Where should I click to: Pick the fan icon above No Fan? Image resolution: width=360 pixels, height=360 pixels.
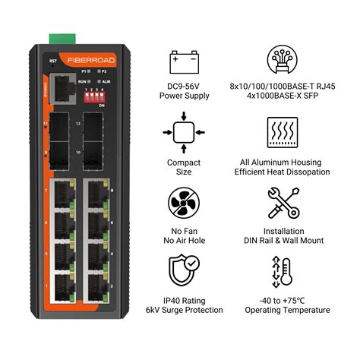(x=184, y=205)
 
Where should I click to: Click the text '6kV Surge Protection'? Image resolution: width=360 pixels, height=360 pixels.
(x=184, y=310)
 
